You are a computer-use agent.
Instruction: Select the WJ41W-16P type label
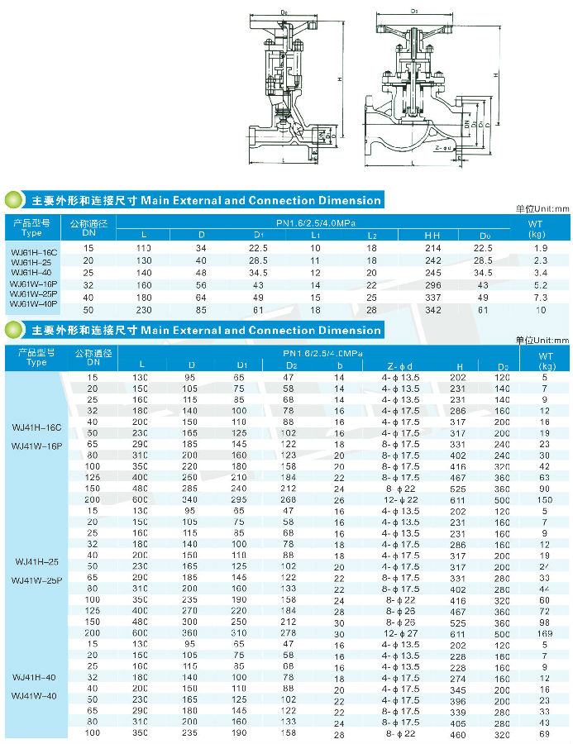click(x=37, y=446)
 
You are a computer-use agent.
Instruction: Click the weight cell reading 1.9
click(x=541, y=248)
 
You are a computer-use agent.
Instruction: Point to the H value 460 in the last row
click(x=458, y=733)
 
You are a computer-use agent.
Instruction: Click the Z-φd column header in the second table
click(x=400, y=365)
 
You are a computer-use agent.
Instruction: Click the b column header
click(x=339, y=365)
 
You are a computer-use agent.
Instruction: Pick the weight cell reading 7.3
click(x=541, y=297)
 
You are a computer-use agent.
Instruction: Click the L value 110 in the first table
click(x=144, y=248)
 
